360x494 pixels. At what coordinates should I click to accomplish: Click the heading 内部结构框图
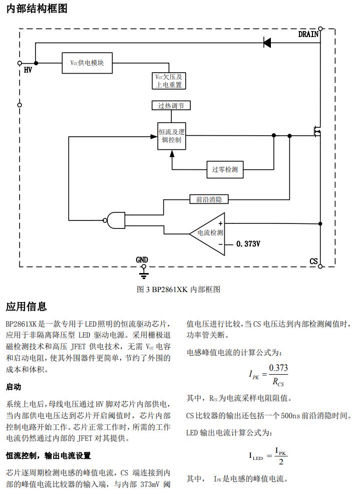click(37, 9)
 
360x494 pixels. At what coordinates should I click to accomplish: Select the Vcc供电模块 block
click(87, 63)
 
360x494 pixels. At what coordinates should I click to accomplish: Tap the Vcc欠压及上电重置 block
click(169, 81)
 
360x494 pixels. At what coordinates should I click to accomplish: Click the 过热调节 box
click(171, 106)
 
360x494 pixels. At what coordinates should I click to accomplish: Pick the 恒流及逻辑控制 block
click(172, 135)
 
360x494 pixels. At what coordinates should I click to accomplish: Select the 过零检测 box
click(224, 169)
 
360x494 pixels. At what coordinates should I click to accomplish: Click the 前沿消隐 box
click(209, 199)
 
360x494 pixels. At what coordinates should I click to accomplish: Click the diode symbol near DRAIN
click(267, 43)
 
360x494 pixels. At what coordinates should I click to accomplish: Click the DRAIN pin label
click(308, 35)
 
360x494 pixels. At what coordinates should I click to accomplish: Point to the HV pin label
click(28, 71)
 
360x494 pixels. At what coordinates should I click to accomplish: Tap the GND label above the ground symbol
click(142, 260)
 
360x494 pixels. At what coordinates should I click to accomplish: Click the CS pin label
click(313, 261)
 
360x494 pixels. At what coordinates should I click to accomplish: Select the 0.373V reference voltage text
click(249, 244)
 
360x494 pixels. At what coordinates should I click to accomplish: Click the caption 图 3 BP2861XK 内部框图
click(178, 289)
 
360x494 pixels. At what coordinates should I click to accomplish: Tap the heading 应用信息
click(27, 306)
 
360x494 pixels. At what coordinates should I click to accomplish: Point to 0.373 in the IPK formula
click(278, 368)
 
